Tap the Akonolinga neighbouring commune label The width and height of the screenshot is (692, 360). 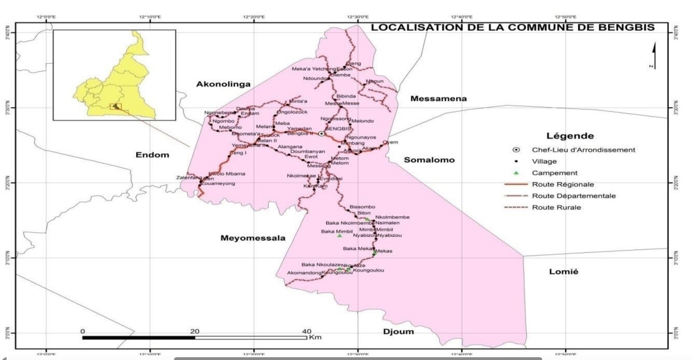[223, 84]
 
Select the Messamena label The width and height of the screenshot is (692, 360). [438, 99]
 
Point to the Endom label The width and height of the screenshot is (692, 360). [152, 155]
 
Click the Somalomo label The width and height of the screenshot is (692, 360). [429, 160]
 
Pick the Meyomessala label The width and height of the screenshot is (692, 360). [252, 238]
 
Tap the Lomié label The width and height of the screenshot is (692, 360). [564, 272]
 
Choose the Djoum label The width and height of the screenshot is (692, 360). [398, 332]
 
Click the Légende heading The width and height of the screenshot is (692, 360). [570, 136]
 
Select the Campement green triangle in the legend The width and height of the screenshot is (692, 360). [516, 173]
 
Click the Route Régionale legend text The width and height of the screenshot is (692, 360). [563, 185]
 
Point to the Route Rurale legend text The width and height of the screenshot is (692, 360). [557, 208]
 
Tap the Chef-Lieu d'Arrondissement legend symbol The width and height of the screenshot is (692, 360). [516, 150]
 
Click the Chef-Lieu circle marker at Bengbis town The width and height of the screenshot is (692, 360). [322, 134]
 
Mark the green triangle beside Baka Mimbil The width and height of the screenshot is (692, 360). [339, 236]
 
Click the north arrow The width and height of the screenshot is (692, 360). [654, 55]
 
